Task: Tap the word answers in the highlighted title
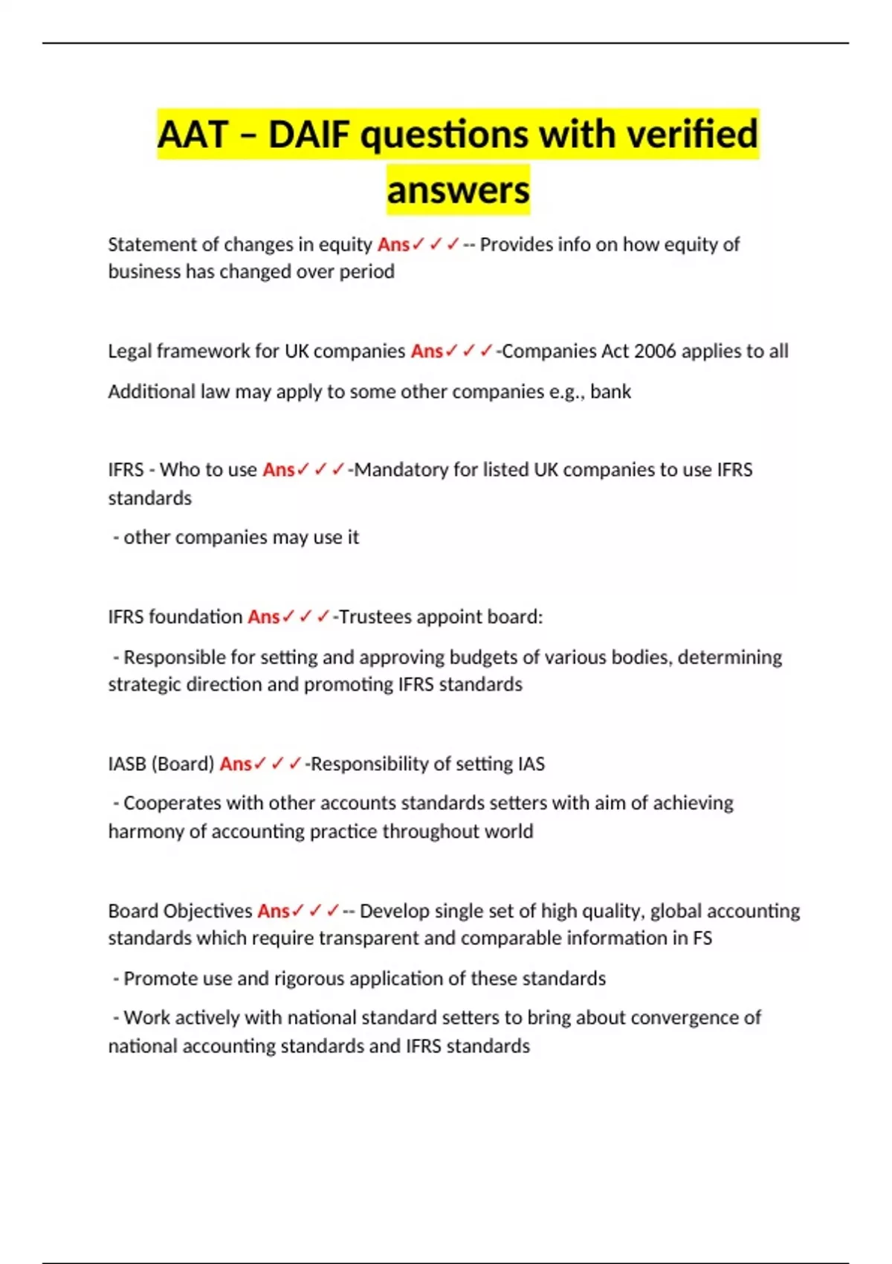tap(458, 190)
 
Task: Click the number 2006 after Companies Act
tap(655, 351)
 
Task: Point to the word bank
tap(610, 392)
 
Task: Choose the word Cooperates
tap(172, 803)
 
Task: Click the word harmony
tap(146, 831)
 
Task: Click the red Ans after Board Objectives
tap(273, 911)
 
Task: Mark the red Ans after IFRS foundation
tap(263, 617)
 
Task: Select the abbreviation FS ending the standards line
tap(702, 938)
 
